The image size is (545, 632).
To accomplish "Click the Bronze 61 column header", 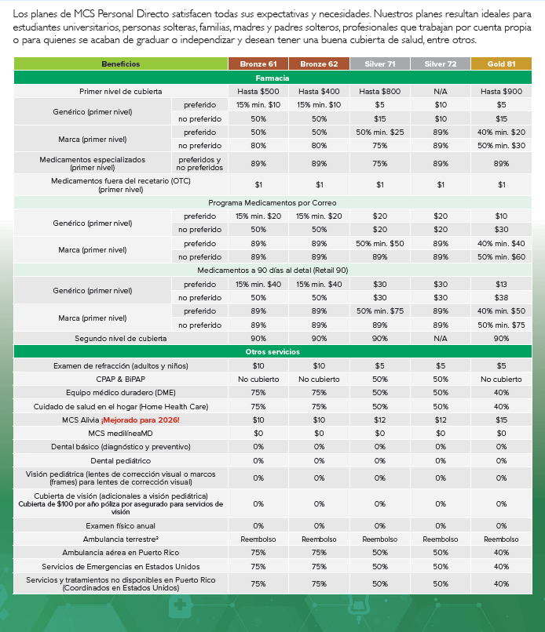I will click(x=258, y=64).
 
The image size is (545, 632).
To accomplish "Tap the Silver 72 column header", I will click(x=441, y=64).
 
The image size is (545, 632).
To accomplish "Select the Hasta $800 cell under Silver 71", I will click(x=380, y=92).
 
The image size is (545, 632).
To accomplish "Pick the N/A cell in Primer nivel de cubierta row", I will click(x=441, y=92).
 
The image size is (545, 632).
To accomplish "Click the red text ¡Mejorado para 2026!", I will click(x=145, y=420).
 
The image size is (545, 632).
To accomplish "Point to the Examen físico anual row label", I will click(x=120, y=525).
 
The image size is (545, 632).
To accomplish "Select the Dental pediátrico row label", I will click(x=120, y=460).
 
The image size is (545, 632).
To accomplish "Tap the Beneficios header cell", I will click(x=120, y=64).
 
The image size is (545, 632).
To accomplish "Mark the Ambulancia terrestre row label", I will click(x=120, y=539).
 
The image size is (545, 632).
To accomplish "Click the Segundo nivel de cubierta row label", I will click(x=120, y=339).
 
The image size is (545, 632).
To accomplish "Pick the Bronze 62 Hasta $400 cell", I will click(x=319, y=92).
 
